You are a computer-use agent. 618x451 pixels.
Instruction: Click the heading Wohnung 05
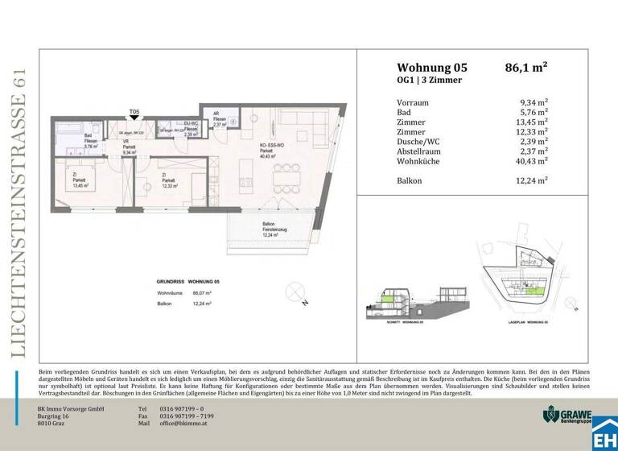pyautogui.click(x=431, y=68)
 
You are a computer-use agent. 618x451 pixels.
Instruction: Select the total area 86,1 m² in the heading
pyautogui.click(x=526, y=68)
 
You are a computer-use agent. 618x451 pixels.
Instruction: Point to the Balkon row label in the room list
pyautogui.click(x=410, y=180)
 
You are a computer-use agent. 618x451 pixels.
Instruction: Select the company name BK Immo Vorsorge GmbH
pyautogui.click(x=72, y=408)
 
